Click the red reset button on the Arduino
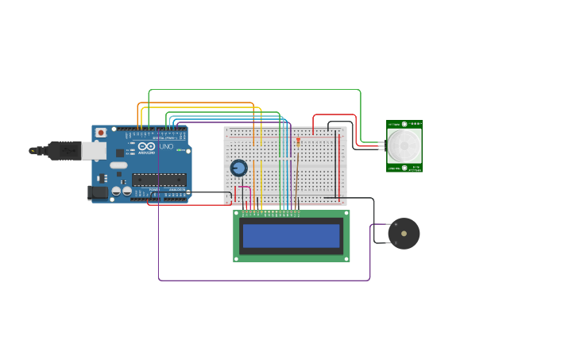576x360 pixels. [x=101, y=133]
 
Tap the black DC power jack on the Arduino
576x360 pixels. [x=96, y=192]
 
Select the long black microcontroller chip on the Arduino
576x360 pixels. [x=159, y=179]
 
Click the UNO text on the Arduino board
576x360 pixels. [x=166, y=146]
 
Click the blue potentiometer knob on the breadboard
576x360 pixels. [x=238, y=168]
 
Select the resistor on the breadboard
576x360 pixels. [x=298, y=142]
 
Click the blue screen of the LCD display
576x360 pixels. [x=291, y=235]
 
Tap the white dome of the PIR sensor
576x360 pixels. [x=404, y=145]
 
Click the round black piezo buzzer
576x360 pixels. [x=404, y=234]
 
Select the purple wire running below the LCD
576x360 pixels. [x=262, y=280]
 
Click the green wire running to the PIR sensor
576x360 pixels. [x=254, y=91]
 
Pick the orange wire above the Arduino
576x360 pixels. [x=195, y=103]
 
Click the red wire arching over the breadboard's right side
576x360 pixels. [x=334, y=115]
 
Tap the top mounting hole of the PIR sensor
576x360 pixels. [x=404, y=124]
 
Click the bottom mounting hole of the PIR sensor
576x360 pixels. [x=404, y=168]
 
